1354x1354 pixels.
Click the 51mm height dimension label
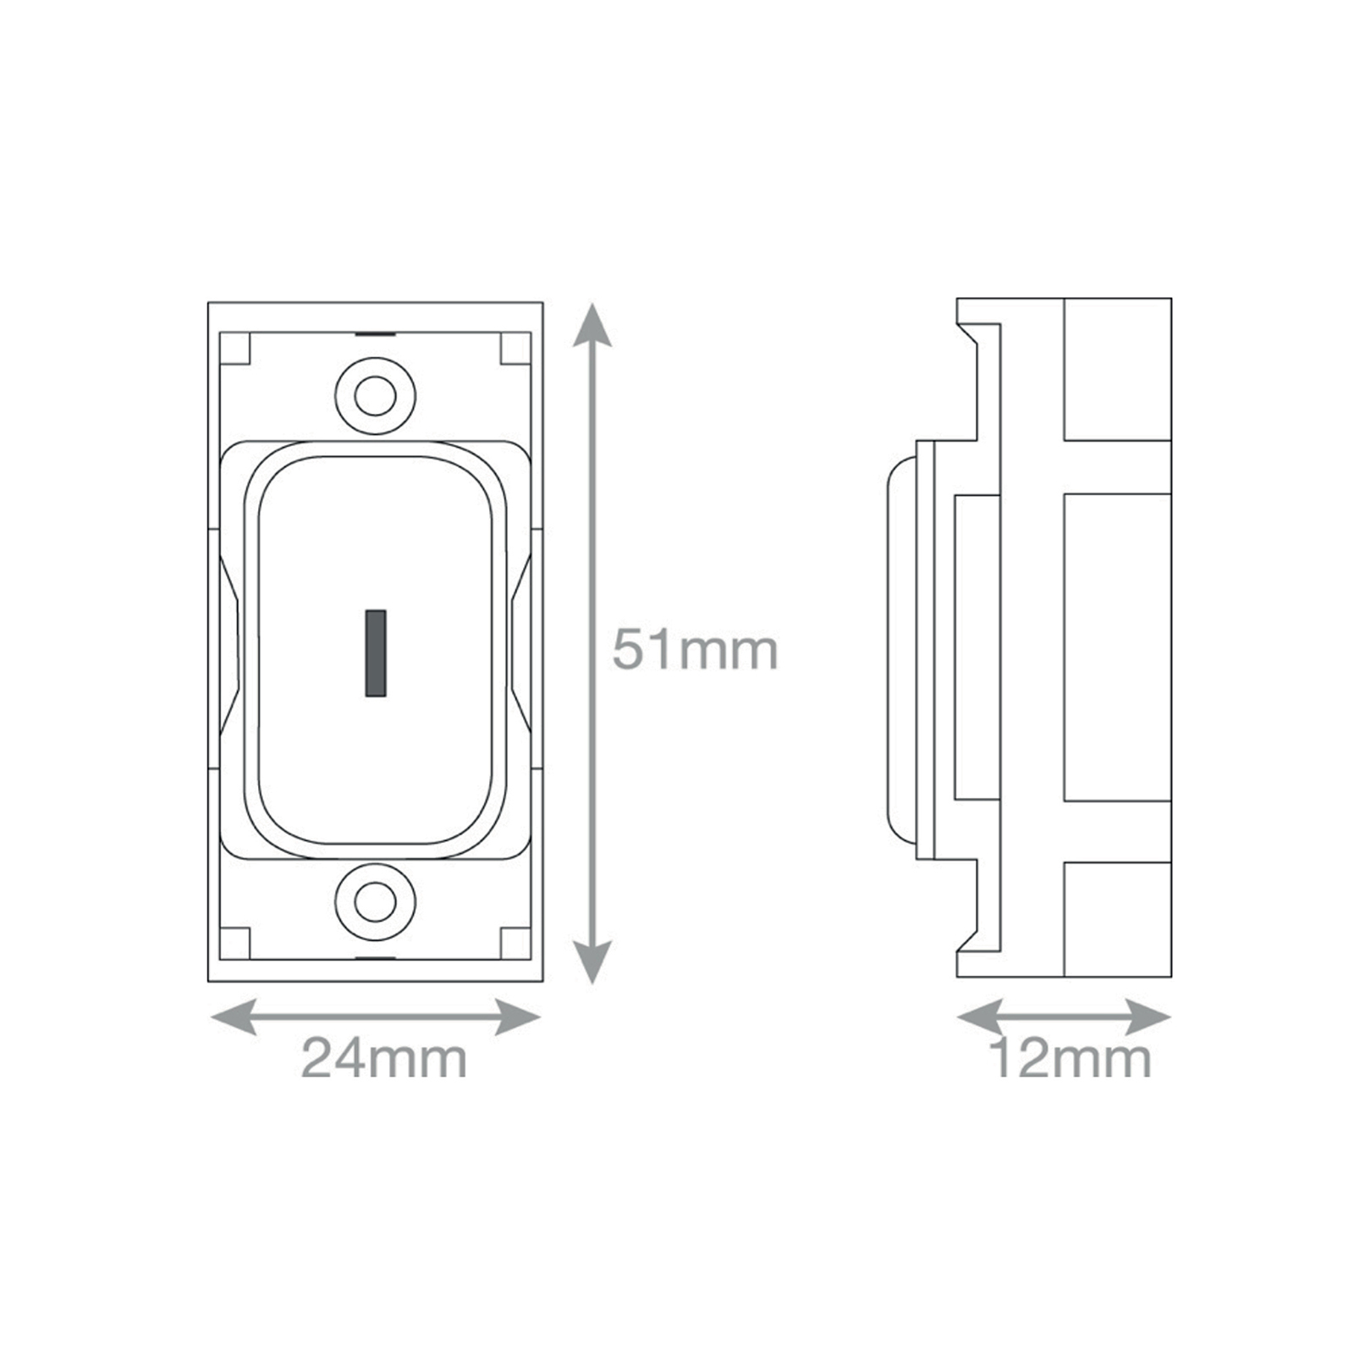[695, 650]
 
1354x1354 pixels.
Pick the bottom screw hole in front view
[375, 903]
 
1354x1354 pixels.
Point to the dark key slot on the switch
[376, 653]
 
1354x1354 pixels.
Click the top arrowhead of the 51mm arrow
[592, 325]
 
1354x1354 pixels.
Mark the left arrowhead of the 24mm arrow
[234, 1016]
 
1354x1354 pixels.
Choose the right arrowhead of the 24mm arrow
[517, 1016]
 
